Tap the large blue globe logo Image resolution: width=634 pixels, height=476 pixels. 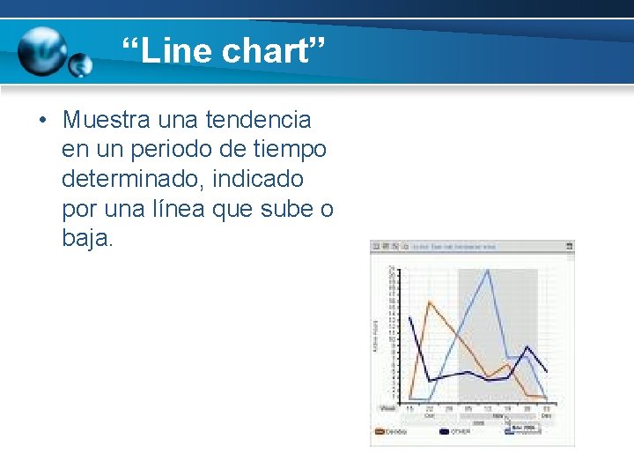point(42,51)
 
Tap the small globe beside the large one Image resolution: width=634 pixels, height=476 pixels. point(80,65)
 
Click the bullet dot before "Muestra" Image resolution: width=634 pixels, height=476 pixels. point(41,119)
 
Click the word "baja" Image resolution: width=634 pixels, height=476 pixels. point(85,238)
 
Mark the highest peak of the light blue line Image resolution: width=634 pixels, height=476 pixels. point(488,270)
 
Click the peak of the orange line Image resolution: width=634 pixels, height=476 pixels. point(429,301)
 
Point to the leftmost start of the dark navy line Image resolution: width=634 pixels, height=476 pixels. point(409,317)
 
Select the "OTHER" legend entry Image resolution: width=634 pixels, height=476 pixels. point(461,432)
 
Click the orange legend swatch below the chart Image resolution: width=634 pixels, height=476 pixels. point(380,432)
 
